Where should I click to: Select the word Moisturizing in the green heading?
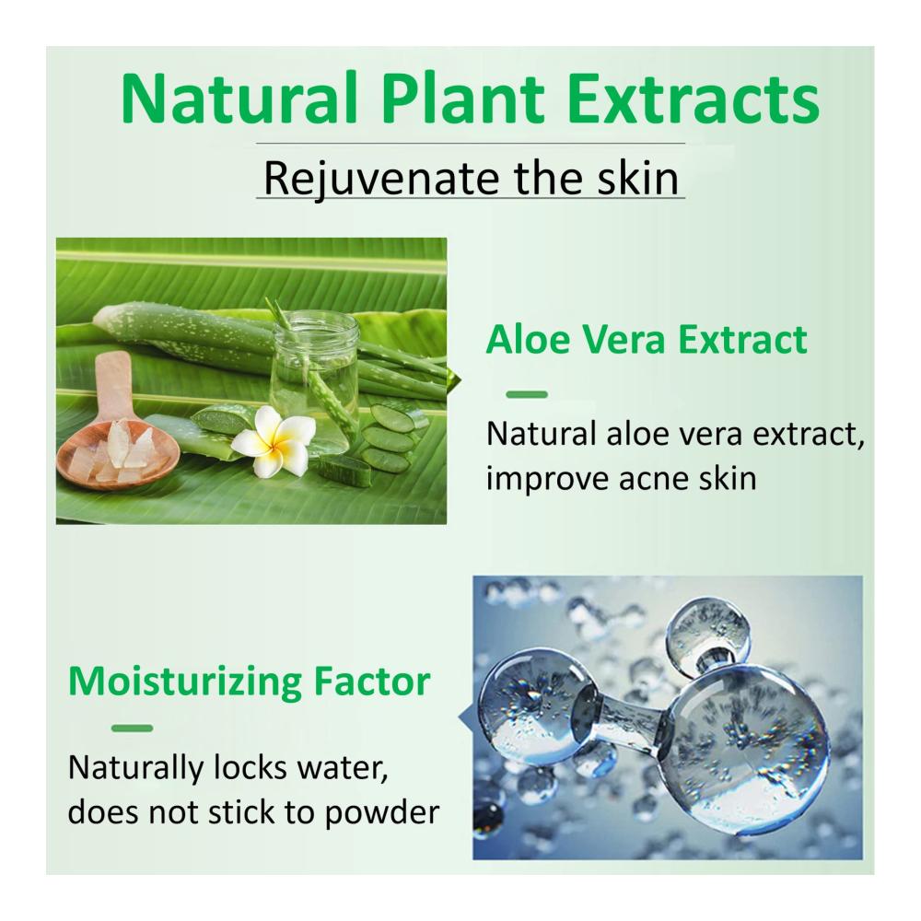(x=184, y=682)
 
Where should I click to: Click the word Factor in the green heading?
(x=371, y=682)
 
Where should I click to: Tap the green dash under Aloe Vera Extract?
(x=527, y=395)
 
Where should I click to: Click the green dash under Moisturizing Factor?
(x=132, y=729)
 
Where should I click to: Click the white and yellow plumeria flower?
(x=270, y=440)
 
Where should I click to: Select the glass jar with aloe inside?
(x=315, y=375)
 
